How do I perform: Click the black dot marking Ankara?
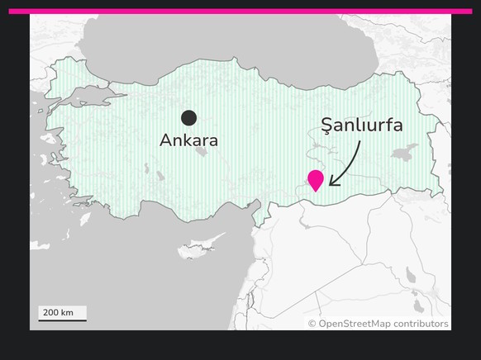point(189,117)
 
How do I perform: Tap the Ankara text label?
point(188,140)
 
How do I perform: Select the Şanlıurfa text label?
point(362,126)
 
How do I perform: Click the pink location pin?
point(315,179)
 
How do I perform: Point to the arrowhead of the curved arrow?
point(331,182)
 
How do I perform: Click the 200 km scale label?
point(58,312)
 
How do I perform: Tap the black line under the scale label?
point(62,320)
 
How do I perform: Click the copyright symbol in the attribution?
point(312,324)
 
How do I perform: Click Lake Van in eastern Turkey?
point(405,153)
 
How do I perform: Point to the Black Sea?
point(207,41)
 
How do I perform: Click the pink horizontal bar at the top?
point(240,12)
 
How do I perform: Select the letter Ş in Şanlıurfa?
point(327,126)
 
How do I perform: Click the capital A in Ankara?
point(165,140)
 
